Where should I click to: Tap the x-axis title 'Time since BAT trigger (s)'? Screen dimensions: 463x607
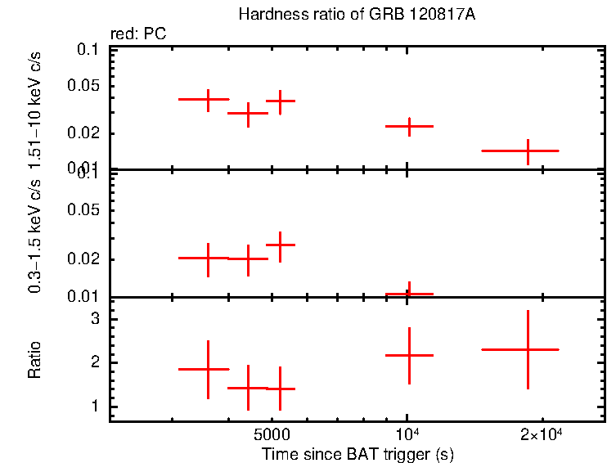pyautogui.click(x=357, y=453)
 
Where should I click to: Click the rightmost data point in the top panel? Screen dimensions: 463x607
pyautogui.click(x=528, y=151)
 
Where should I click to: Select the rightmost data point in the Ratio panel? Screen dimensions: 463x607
pyautogui.click(x=528, y=349)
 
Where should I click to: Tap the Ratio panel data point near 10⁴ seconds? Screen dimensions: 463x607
pyautogui.click(x=409, y=355)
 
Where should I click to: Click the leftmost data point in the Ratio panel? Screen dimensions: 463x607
pyautogui.click(x=208, y=369)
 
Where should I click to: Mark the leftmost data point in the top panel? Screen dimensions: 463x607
pyautogui.click(x=208, y=100)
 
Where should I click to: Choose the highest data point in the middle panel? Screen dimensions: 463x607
pyautogui.click(x=280, y=245)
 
